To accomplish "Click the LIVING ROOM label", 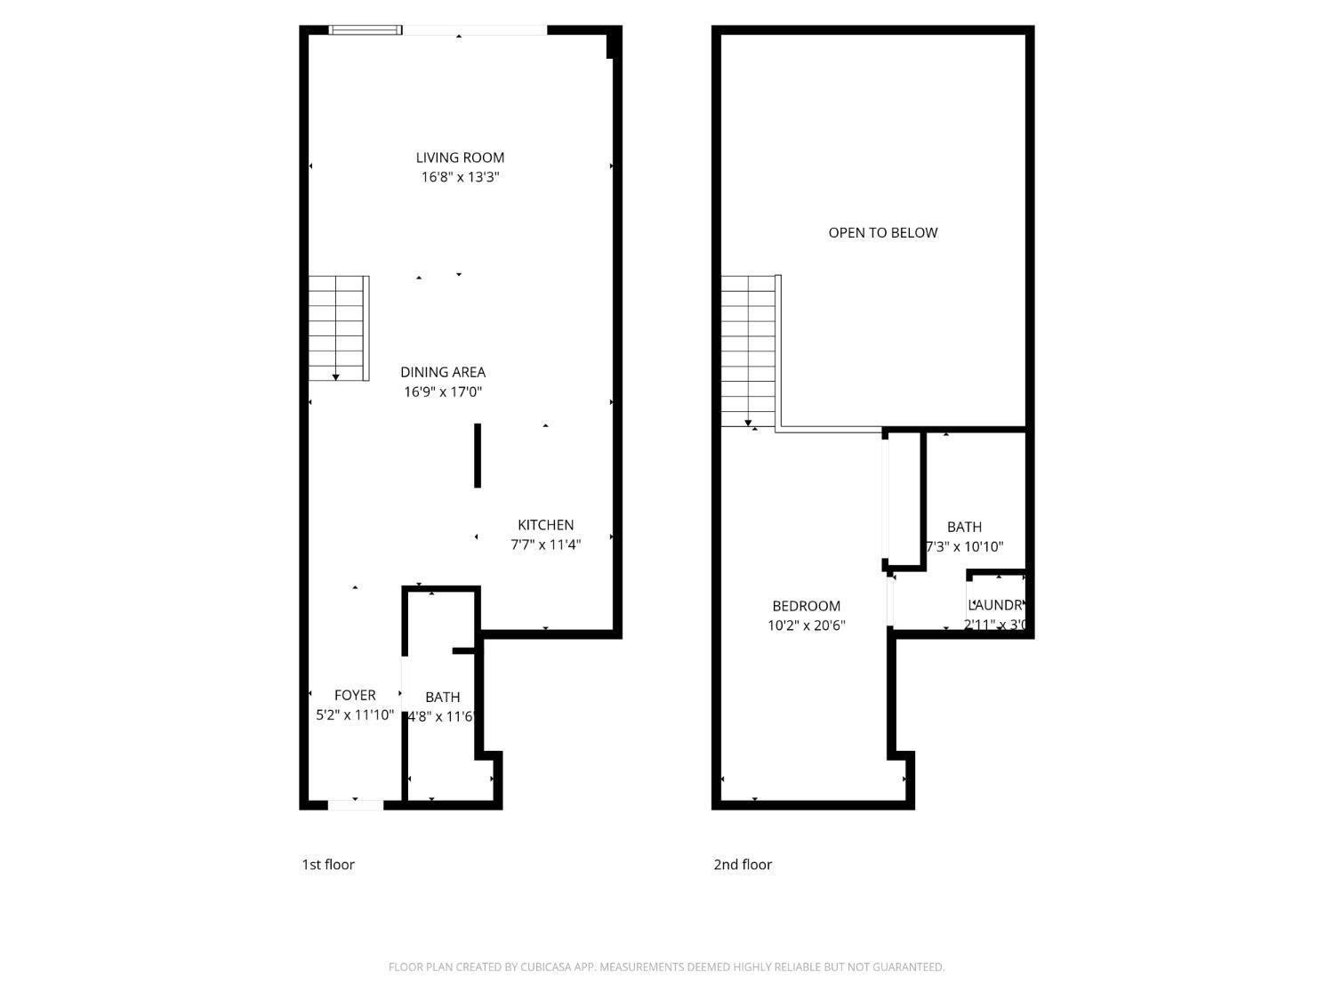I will (x=460, y=157).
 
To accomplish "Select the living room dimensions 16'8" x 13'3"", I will (x=460, y=177).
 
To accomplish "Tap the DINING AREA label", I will (x=443, y=372).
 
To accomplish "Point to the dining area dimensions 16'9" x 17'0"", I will (x=443, y=392).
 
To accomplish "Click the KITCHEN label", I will (x=545, y=525).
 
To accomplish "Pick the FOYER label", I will (x=355, y=695).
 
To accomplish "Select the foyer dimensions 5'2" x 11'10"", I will (x=355, y=714).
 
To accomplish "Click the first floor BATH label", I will (x=442, y=697).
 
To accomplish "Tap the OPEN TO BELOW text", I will (x=882, y=232).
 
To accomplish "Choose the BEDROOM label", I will (x=806, y=606).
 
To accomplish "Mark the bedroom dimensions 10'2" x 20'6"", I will (x=806, y=626).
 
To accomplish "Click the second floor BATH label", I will (x=964, y=527).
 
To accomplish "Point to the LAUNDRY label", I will (x=997, y=605).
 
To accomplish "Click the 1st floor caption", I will (x=328, y=864).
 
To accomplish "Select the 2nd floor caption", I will (x=743, y=864).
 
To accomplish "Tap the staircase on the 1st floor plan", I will (x=338, y=328).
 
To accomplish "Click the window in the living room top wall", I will (x=365, y=30).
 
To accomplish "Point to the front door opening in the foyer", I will (x=356, y=804).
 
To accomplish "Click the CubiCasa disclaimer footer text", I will (x=666, y=967).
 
